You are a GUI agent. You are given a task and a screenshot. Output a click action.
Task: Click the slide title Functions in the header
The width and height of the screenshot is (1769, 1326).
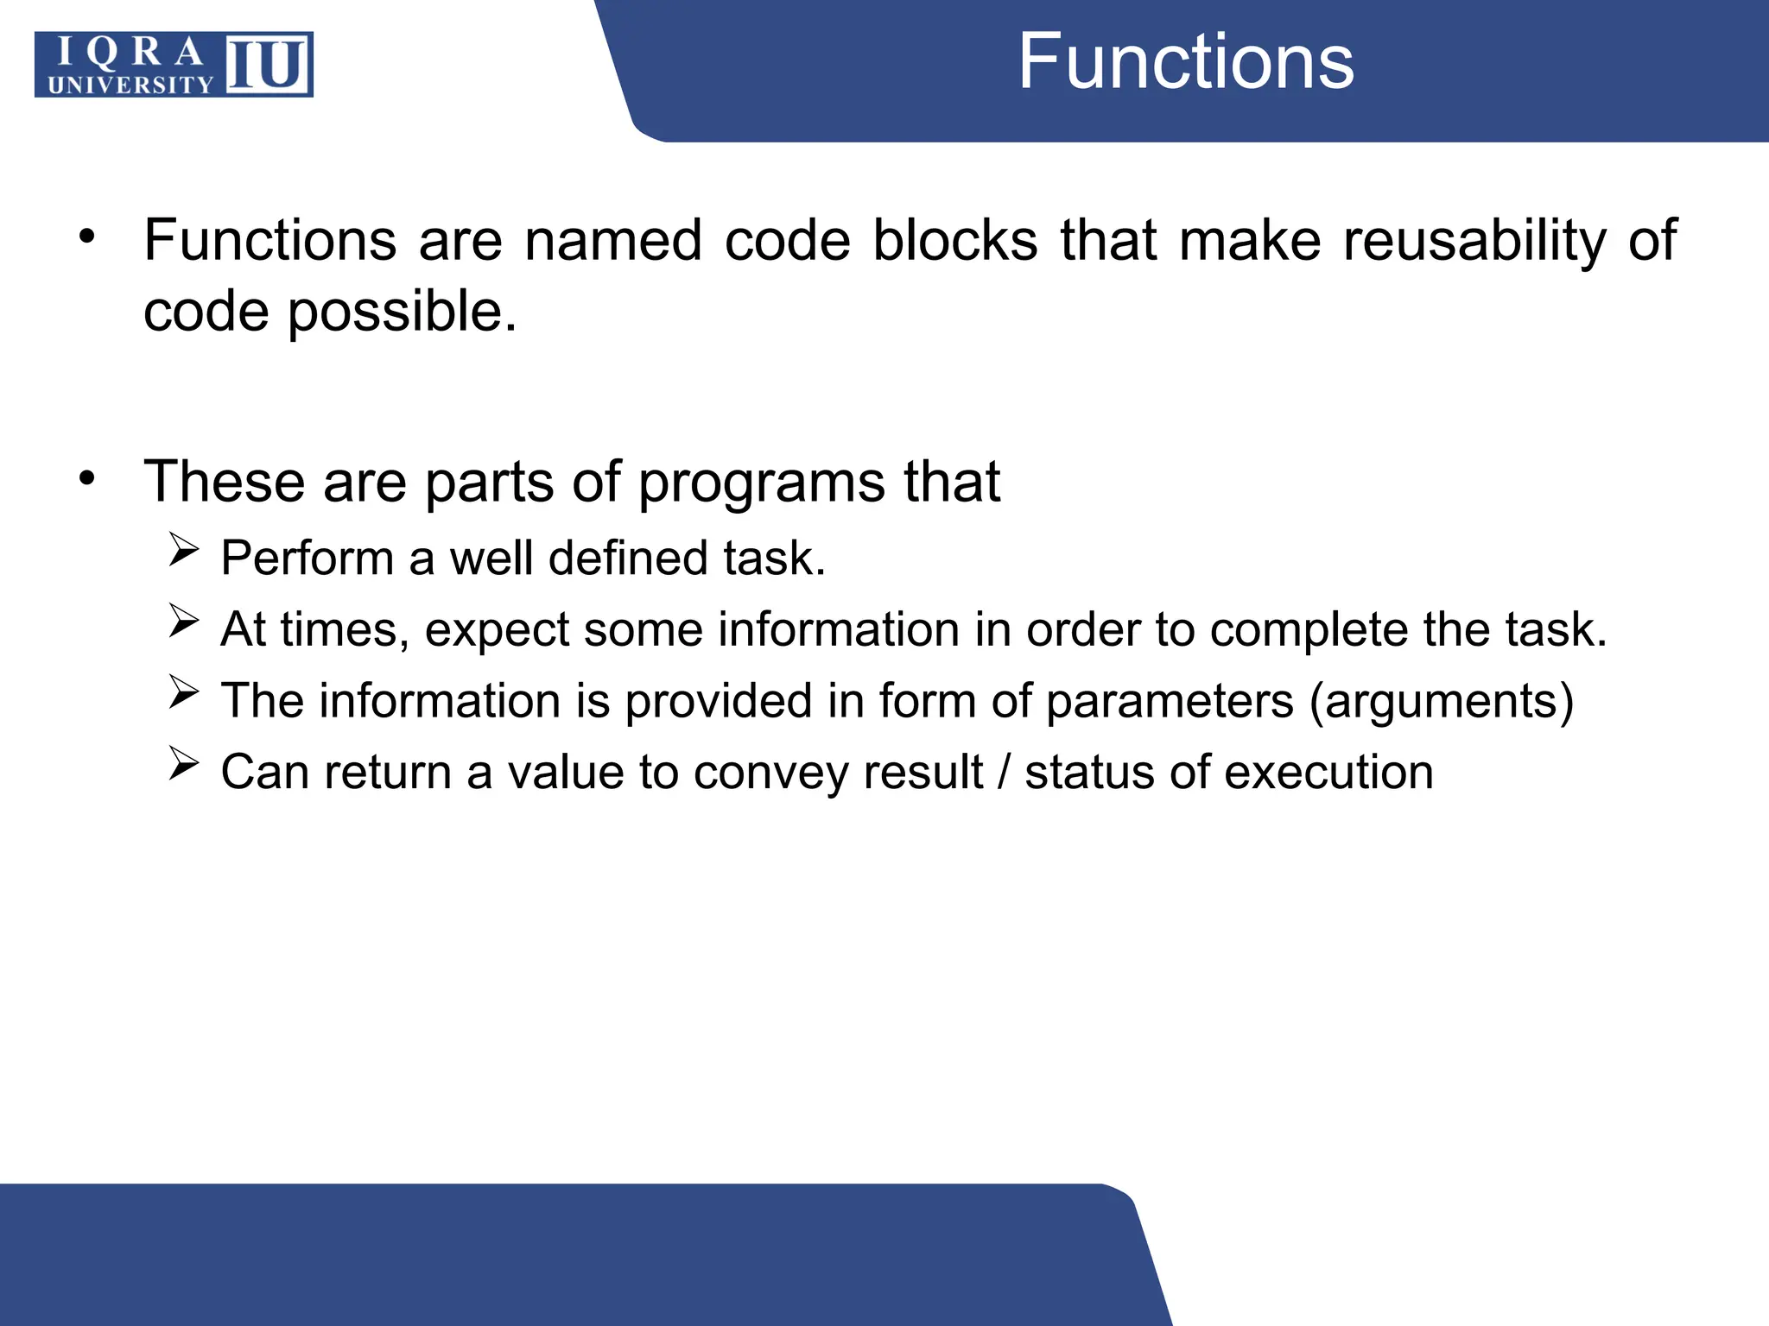[x=1185, y=62]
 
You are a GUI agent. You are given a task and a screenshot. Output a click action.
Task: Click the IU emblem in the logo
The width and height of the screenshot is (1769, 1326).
[x=268, y=65]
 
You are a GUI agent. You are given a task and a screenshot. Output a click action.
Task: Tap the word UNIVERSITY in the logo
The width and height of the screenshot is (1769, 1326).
[x=130, y=85]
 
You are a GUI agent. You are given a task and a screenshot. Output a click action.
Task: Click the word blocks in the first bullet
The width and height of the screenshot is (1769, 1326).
[x=954, y=241]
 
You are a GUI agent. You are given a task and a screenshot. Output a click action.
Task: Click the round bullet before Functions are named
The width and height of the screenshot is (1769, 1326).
[x=86, y=236]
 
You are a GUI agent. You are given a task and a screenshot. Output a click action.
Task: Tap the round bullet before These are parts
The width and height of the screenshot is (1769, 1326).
[x=86, y=477]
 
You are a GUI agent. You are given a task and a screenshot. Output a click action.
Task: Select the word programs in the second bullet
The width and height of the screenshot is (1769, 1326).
[x=761, y=483]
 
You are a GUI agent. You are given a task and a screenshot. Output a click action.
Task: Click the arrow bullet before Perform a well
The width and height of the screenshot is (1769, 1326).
[x=184, y=549]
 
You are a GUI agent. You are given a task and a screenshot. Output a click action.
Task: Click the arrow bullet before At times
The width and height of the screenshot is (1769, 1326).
[x=184, y=620]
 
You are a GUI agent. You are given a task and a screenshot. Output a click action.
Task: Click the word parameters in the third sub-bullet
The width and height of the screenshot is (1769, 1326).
[x=1170, y=701]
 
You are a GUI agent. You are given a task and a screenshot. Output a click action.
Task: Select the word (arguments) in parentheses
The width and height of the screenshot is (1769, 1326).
[x=1442, y=701]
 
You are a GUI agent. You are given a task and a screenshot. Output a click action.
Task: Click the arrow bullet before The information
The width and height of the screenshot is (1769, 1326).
[x=184, y=691]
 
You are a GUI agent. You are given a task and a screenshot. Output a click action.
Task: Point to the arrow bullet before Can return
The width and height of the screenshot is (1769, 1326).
[x=184, y=763]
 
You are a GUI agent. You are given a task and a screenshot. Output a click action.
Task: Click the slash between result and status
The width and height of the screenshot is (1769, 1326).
[x=1003, y=772]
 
